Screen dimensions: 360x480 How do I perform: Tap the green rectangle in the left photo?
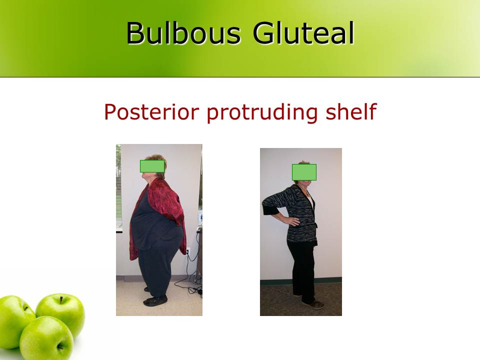point(152,166)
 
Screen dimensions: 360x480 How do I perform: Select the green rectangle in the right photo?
point(304,172)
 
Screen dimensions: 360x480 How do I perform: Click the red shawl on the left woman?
point(165,200)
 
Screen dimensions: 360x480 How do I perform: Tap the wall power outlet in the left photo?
point(188,251)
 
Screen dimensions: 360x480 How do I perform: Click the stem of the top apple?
point(61,300)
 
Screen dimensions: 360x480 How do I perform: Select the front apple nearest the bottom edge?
point(46,339)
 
